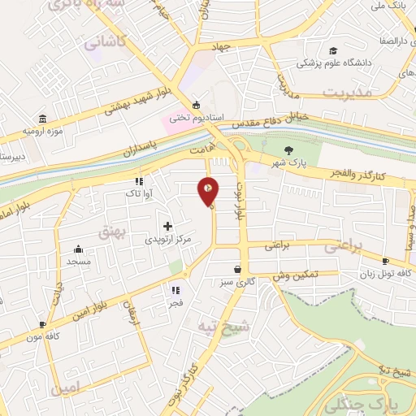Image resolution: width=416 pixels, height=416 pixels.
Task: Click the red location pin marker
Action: (x=208, y=190)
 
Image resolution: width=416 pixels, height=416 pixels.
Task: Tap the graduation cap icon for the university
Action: (x=332, y=50)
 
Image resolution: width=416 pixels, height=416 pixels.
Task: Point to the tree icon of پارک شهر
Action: (x=288, y=149)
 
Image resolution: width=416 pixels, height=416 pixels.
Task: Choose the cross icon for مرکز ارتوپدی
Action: (x=167, y=226)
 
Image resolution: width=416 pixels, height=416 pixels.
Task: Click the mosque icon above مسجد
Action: (x=78, y=249)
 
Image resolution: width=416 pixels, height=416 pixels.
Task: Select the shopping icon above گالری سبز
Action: (x=237, y=269)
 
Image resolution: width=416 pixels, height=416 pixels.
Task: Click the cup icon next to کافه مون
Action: (x=42, y=324)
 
